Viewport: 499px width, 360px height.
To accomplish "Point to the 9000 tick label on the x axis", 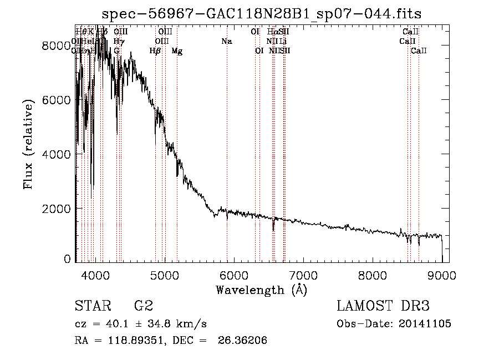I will click(x=442, y=275).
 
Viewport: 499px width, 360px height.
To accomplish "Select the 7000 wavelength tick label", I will click(x=303, y=275).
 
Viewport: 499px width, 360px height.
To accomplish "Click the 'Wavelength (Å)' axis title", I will click(x=261, y=290).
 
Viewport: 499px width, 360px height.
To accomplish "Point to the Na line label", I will click(x=226, y=42).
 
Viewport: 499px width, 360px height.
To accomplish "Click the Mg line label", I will click(x=177, y=51).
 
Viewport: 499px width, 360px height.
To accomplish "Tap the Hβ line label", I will click(x=155, y=51).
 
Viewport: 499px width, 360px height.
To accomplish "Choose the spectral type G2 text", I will click(x=144, y=306).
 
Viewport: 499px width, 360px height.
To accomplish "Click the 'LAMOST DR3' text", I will click(x=383, y=306).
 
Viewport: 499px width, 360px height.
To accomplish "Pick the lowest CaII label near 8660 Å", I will click(x=419, y=51).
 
